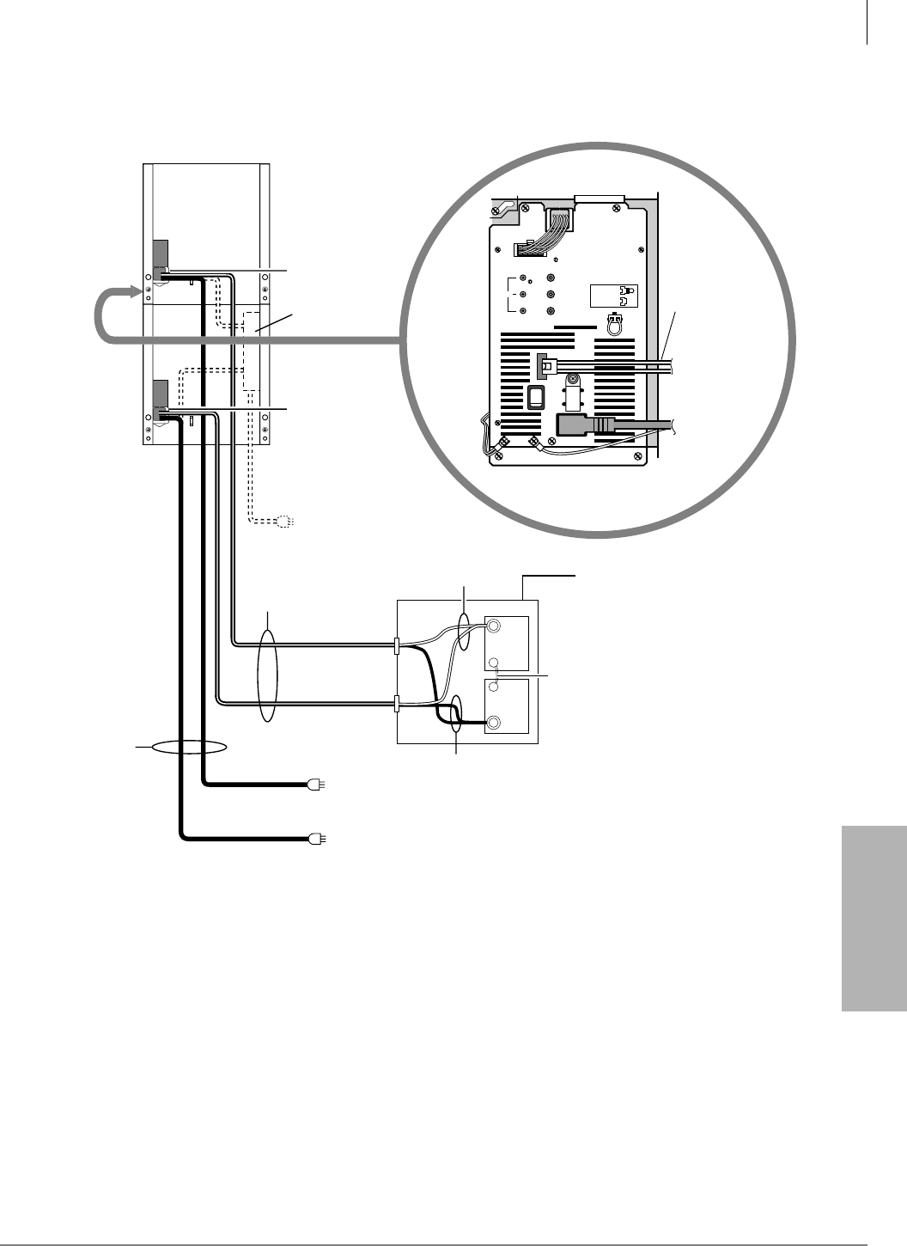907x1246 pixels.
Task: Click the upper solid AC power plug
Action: (314, 784)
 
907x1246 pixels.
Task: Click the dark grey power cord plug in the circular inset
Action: (583, 424)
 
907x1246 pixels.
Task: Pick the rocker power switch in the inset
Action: (535, 397)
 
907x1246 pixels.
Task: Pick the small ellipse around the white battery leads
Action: (464, 632)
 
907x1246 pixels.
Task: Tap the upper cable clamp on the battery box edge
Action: (395, 646)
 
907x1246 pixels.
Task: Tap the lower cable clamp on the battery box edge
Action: (395, 705)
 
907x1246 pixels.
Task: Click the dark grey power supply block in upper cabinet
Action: (160, 255)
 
